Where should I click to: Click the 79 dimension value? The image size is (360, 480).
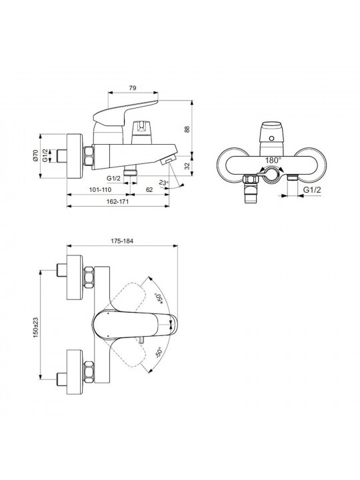click(132, 88)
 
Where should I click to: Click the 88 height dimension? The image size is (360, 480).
click(187, 129)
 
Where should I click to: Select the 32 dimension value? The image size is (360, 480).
click(187, 166)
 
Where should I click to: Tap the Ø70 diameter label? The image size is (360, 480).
click(35, 155)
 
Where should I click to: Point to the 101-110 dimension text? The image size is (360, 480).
click(100, 190)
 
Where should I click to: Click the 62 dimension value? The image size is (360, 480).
click(149, 190)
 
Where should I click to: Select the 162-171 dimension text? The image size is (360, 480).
click(118, 201)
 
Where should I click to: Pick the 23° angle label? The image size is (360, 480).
click(164, 183)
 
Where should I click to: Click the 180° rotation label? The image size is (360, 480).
click(273, 161)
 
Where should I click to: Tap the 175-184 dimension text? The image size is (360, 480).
click(122, 241)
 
